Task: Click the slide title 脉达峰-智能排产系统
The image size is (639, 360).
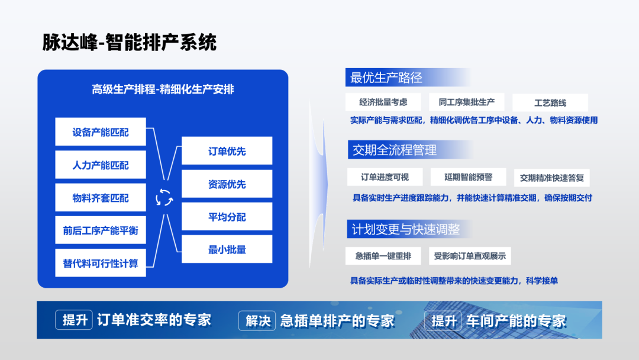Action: coord(129,43)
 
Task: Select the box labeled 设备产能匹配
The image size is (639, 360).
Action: coord(101,131)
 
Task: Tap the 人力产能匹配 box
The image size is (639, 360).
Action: coord(101,165)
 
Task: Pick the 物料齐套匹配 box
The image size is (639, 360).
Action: coord(101,198)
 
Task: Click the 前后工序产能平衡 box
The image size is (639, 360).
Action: coord(101,230)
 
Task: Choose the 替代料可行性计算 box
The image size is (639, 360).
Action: coord(101,263)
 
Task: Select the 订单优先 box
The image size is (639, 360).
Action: coord(227,151)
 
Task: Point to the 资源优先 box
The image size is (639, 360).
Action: coord(227,184)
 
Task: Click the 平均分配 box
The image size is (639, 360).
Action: coord(227,217)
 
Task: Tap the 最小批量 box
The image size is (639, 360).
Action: coord(227,249)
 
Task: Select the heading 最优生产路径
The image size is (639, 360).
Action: coord(386,78)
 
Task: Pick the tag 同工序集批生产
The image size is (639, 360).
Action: coord(467,102)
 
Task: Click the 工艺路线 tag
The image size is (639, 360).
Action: coord(550,102)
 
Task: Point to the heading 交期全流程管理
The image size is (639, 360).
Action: coord(394,150)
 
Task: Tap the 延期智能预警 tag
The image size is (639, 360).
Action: coord(468,177)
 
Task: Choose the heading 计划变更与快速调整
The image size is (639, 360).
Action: coord(405,229)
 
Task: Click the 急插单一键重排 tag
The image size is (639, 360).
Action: coord(383,256)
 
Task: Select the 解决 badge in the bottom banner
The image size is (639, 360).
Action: coord(257,320)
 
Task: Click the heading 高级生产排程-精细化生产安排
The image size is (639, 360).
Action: coord(163,89)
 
